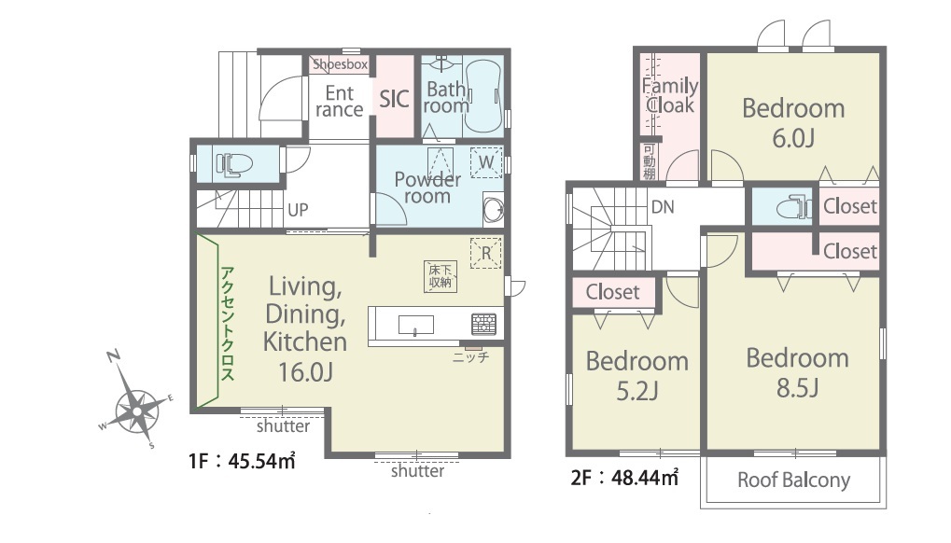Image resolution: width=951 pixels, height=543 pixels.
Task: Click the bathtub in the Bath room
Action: point(483,97)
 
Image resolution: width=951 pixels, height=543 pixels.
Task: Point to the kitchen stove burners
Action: point(484,324)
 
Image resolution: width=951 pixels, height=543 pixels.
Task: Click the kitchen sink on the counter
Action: point(416,325)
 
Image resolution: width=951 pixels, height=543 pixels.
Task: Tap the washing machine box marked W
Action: point(486,162)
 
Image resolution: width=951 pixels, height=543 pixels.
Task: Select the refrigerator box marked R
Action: point(486,253)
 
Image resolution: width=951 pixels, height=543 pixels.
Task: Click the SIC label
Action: point(394,99)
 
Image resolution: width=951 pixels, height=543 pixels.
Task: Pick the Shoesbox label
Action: point(341,63)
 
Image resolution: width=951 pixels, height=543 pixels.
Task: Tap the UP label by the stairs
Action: point(298,210)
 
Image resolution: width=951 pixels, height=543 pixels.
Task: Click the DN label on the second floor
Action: point(663,207)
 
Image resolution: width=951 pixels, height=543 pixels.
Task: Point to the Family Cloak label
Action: point(670,96)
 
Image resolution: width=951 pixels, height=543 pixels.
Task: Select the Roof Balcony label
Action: point(794,480)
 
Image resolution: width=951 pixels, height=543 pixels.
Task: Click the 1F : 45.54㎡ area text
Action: point(242,461)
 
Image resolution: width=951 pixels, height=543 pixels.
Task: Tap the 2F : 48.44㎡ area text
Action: point(624,478)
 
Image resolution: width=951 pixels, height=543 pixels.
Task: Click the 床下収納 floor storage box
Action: point(441,276)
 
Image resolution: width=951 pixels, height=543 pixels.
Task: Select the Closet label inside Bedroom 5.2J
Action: point(612,292)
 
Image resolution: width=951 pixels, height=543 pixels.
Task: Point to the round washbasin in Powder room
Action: point(493,209)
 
